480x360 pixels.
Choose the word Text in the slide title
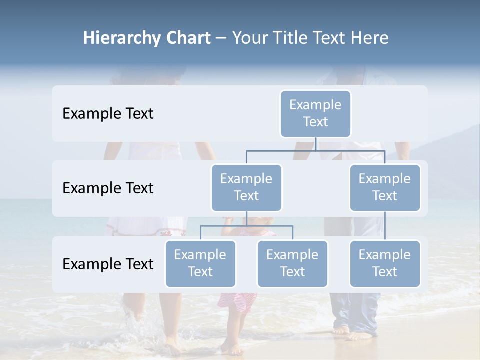click(329, 38)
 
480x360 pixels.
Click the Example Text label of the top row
click(108, 114)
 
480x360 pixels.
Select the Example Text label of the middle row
click(108, 188)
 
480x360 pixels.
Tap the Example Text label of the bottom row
click(108, 264)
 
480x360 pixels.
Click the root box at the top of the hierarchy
click(315, 114)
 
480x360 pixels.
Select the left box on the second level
click(246, 188)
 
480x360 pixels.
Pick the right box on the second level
click(385, 188)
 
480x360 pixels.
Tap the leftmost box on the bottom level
click(200, 264)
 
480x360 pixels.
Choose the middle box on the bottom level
click(292, 264)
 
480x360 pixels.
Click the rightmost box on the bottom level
click(385, 264)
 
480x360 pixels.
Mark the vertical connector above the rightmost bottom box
click(385, 226)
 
